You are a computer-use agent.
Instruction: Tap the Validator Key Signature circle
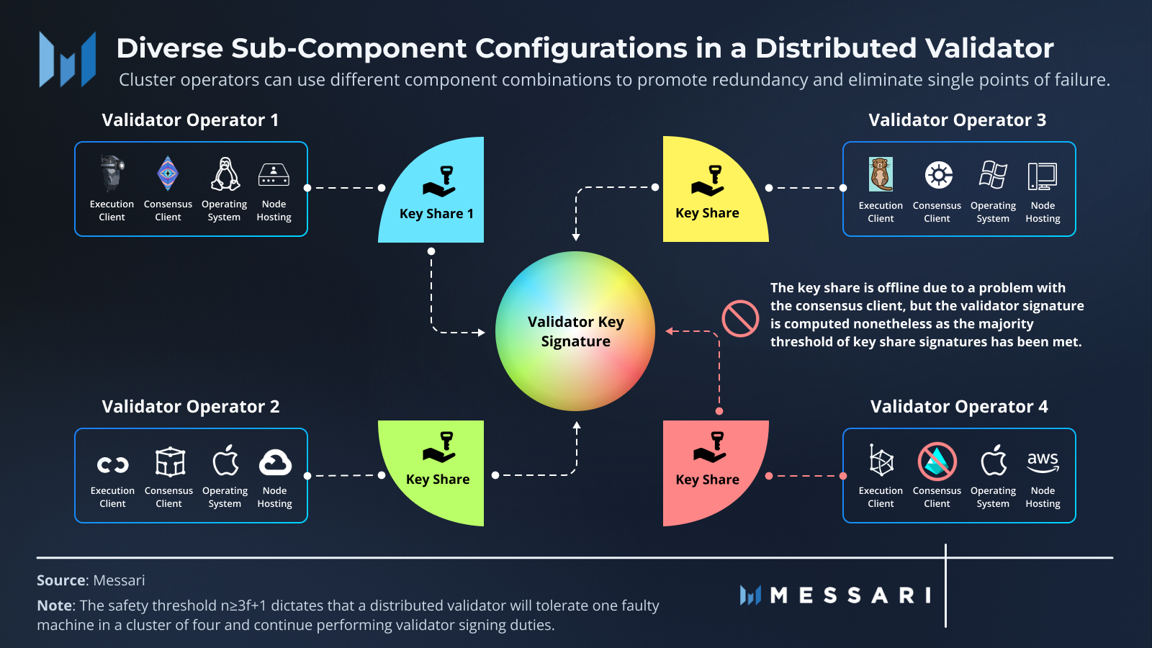[575, 331]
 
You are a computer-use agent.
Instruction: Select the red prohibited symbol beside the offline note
[740, 318]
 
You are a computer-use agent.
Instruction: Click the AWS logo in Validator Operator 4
[1043, 462]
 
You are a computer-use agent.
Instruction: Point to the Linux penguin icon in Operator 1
[225, 174]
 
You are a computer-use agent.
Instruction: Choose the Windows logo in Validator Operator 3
[993, 175]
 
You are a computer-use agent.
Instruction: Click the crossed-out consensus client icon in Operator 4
[937, 462]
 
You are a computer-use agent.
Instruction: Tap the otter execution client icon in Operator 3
[881, 174]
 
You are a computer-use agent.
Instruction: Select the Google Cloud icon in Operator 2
[275, 462]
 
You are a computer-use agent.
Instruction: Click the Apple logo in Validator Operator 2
[225, 461]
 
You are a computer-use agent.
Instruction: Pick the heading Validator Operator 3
[957, 120]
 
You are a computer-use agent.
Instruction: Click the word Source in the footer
[61, 580]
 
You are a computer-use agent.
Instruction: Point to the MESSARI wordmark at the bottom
[850, 595]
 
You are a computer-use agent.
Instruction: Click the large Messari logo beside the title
[68, 60]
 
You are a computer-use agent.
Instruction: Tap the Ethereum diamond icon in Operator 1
[168, 174]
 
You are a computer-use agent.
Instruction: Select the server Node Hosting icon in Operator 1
[274, 175]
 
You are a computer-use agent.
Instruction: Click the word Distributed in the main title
[835, 48]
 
